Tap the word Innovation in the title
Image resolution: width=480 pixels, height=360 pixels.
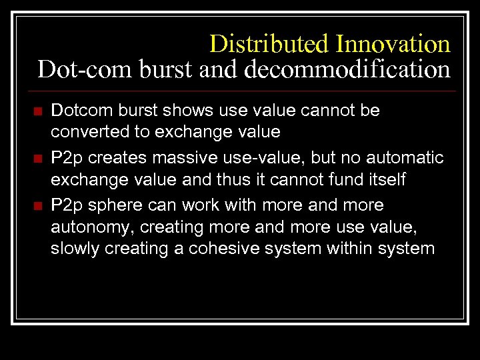click(x=393, y=44)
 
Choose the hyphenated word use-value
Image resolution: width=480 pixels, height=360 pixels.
click(x=257, y=157)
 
